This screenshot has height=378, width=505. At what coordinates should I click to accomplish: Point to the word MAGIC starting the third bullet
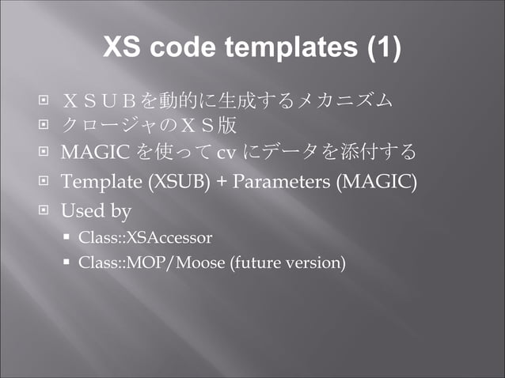pyautogui.click(x=87, y=152)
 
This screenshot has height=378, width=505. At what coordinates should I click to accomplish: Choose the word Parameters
pyautogui.click(x=280, y=182)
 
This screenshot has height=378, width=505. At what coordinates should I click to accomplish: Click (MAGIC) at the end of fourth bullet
pyautogui.click(x=375, y=182)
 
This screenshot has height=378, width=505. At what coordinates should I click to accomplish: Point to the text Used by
pyautogui.click(x=96, y=211)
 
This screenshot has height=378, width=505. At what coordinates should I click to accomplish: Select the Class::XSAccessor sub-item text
pyautogui.click(x=145, y=236)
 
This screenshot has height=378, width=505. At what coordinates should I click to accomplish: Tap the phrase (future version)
pyautogui.click(x=287, y=262)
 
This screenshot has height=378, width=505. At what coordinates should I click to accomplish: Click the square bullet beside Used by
pyautogui.click(x=44, y=211)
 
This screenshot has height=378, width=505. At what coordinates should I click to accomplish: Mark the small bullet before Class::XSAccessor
pyautogui.click(x=68, y=236)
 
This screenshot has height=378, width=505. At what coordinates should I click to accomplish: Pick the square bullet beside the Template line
pyautogui.click(x=44, y=182)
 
